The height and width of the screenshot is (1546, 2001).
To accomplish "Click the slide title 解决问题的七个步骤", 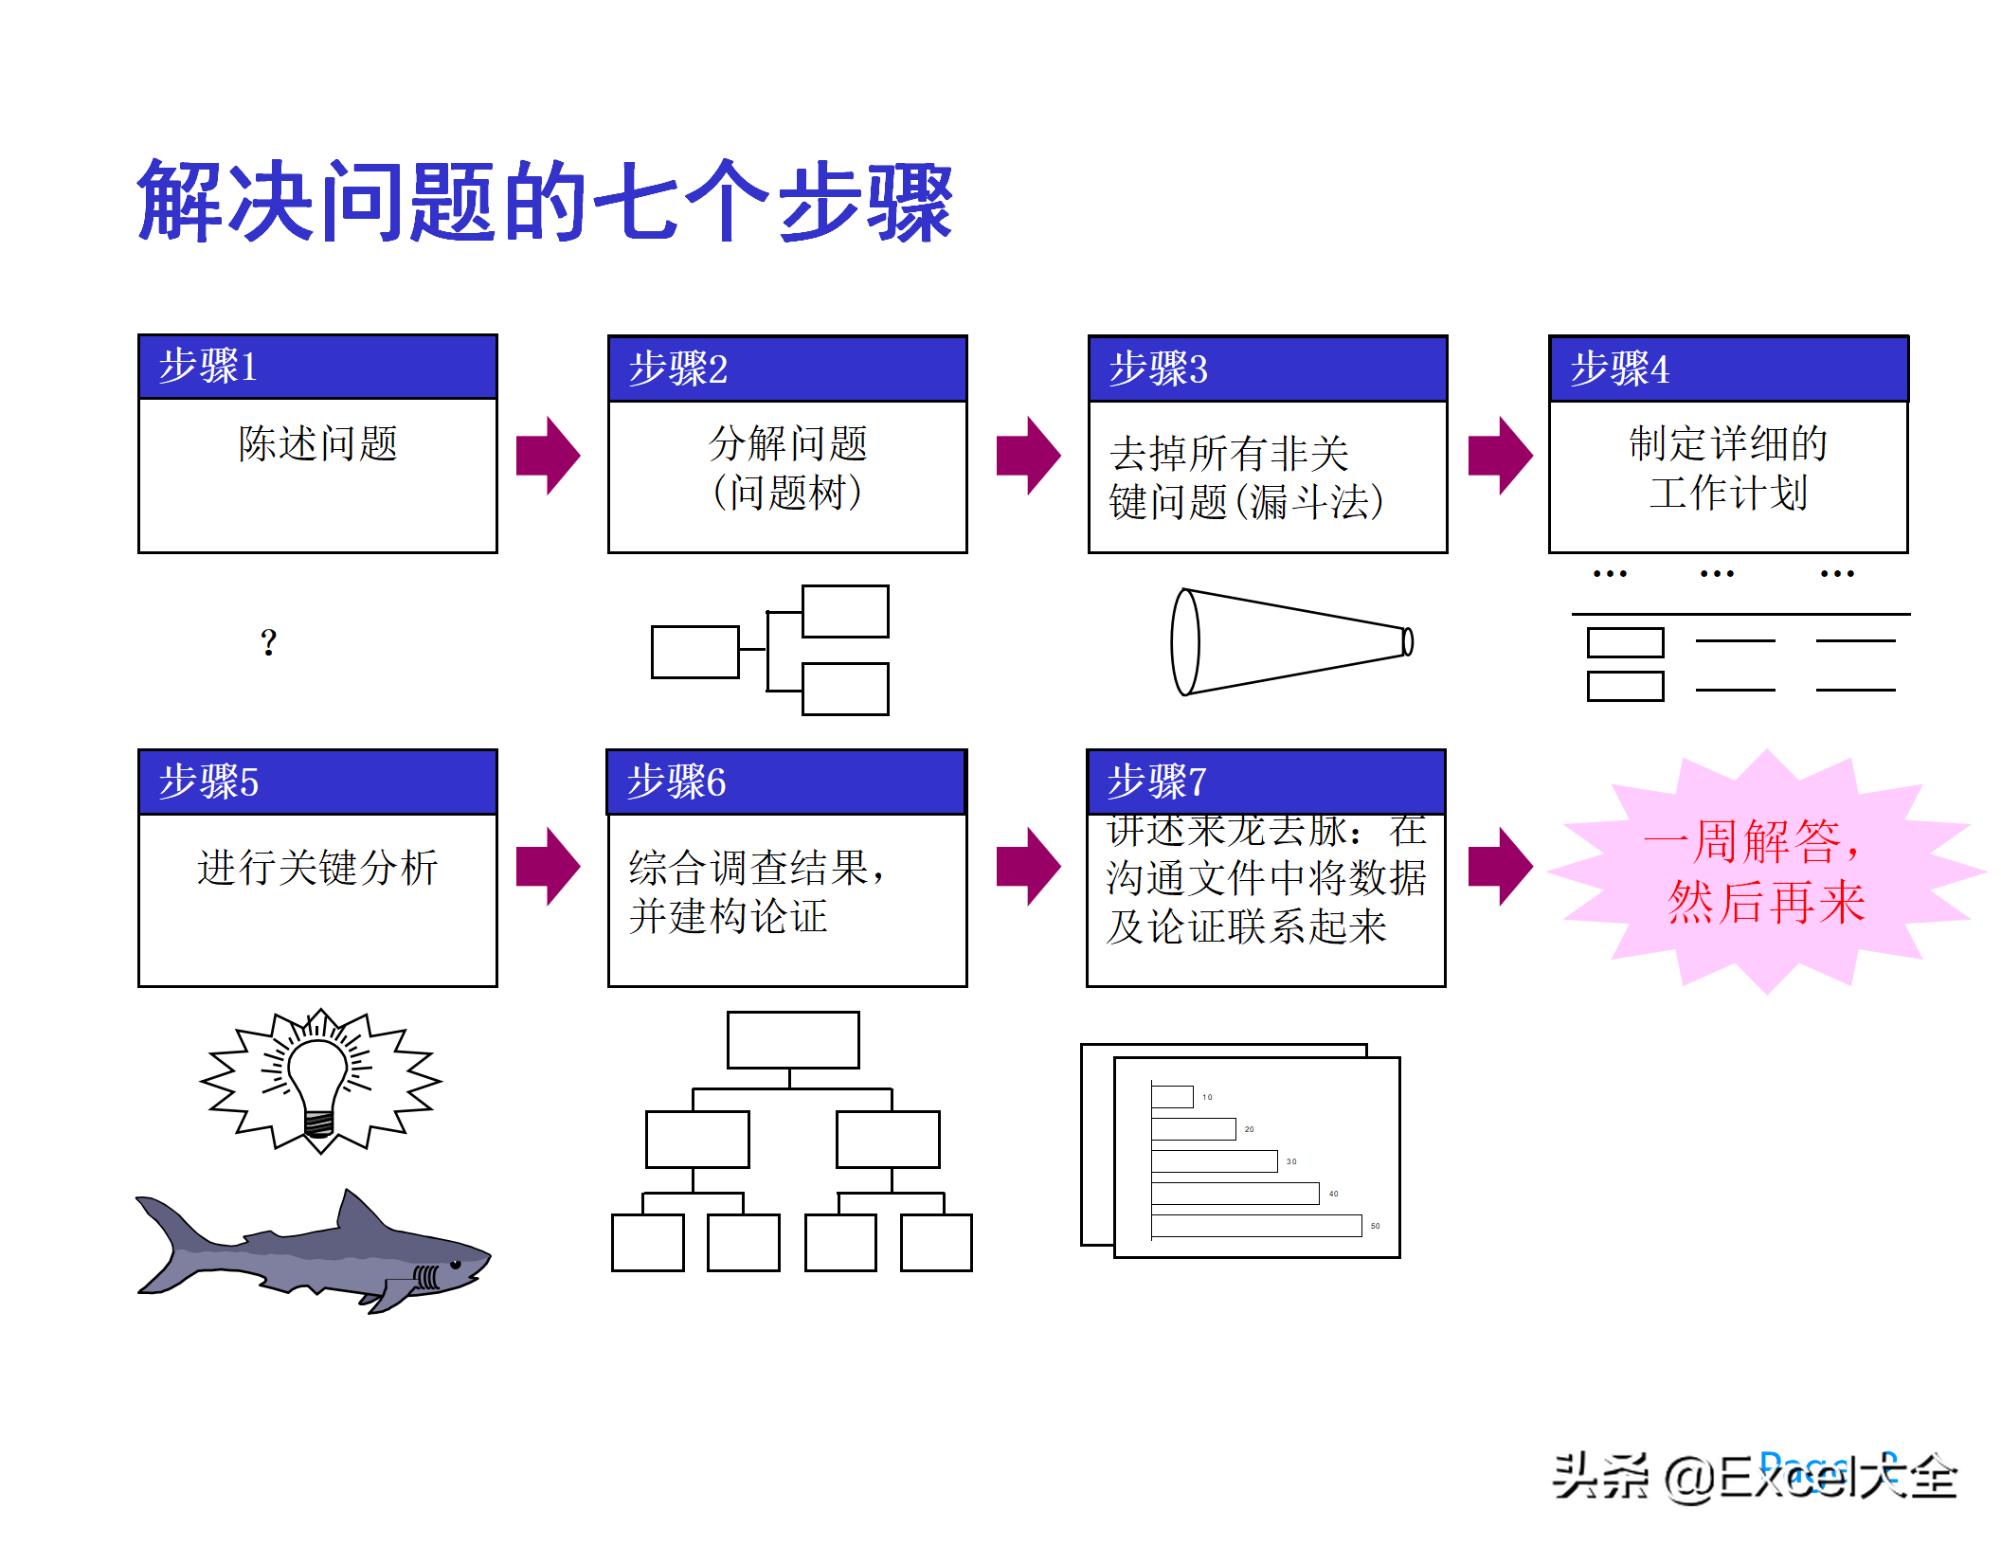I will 545,201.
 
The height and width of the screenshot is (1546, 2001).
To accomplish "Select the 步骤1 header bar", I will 317,367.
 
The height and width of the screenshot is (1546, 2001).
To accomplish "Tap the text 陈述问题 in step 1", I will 317,443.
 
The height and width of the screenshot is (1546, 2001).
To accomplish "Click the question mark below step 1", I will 269,643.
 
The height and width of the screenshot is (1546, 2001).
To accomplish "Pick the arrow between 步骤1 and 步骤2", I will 548,456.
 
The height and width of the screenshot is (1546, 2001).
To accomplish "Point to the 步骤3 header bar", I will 1267,369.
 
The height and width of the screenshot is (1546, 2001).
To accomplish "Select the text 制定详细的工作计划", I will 1728,468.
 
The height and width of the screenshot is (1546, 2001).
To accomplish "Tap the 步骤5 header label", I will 209,782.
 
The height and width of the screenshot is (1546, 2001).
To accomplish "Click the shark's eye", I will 455,1265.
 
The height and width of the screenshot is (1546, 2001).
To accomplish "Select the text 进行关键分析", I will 317,868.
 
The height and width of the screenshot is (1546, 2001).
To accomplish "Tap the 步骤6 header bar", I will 786,782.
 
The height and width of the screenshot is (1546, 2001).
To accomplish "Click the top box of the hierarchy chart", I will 793,1039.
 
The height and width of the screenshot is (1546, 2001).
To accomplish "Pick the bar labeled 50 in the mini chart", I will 1256,1226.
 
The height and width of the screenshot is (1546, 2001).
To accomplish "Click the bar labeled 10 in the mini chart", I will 1172,1097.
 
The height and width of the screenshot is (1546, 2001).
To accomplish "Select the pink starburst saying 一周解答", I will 1766,872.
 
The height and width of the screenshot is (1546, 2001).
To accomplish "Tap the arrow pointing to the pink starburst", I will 1500,867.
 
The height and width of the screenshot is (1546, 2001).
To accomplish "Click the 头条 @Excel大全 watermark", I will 1754,1476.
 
